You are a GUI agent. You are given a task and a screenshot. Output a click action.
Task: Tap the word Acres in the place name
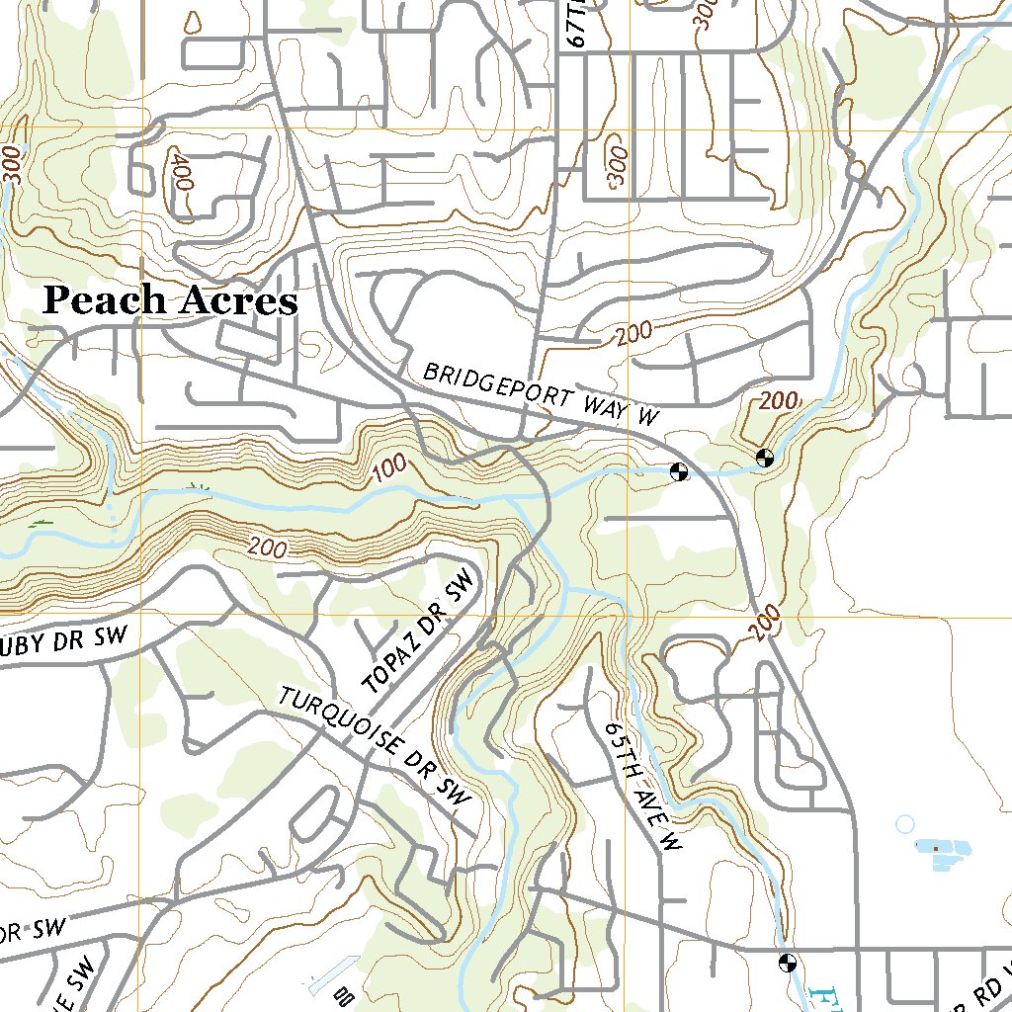pos(236,301)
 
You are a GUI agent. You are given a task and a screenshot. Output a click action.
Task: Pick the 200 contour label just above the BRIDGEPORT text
pos(633,333)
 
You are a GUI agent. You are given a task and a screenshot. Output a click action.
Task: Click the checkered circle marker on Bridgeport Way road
pos(679,471)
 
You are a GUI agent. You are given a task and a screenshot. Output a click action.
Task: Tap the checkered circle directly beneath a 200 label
pos(763,457)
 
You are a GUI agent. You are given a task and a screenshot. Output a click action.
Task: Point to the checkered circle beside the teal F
pos(788,962)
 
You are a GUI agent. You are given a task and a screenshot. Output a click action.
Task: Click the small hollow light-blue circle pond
pos(904,823)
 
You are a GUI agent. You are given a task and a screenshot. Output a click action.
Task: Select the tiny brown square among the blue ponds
pos(934,847)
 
